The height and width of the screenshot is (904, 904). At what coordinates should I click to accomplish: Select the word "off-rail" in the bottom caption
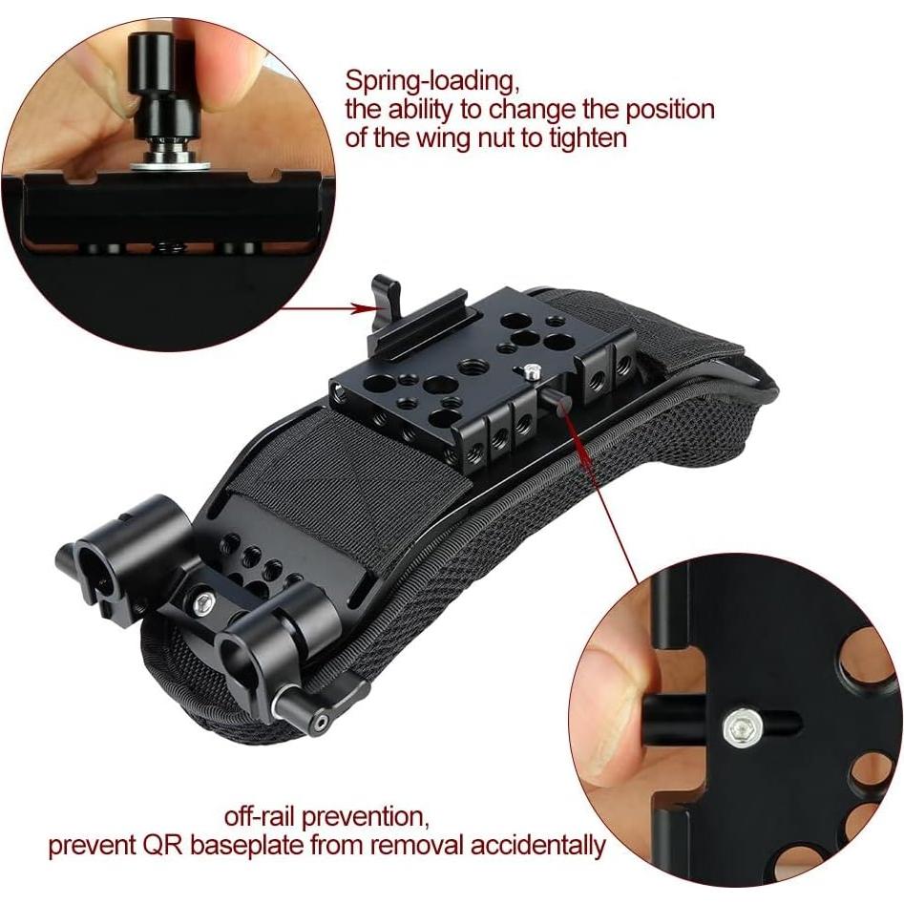coord(263,817)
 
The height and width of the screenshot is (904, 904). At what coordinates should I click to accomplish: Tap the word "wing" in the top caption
coord(452,137)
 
